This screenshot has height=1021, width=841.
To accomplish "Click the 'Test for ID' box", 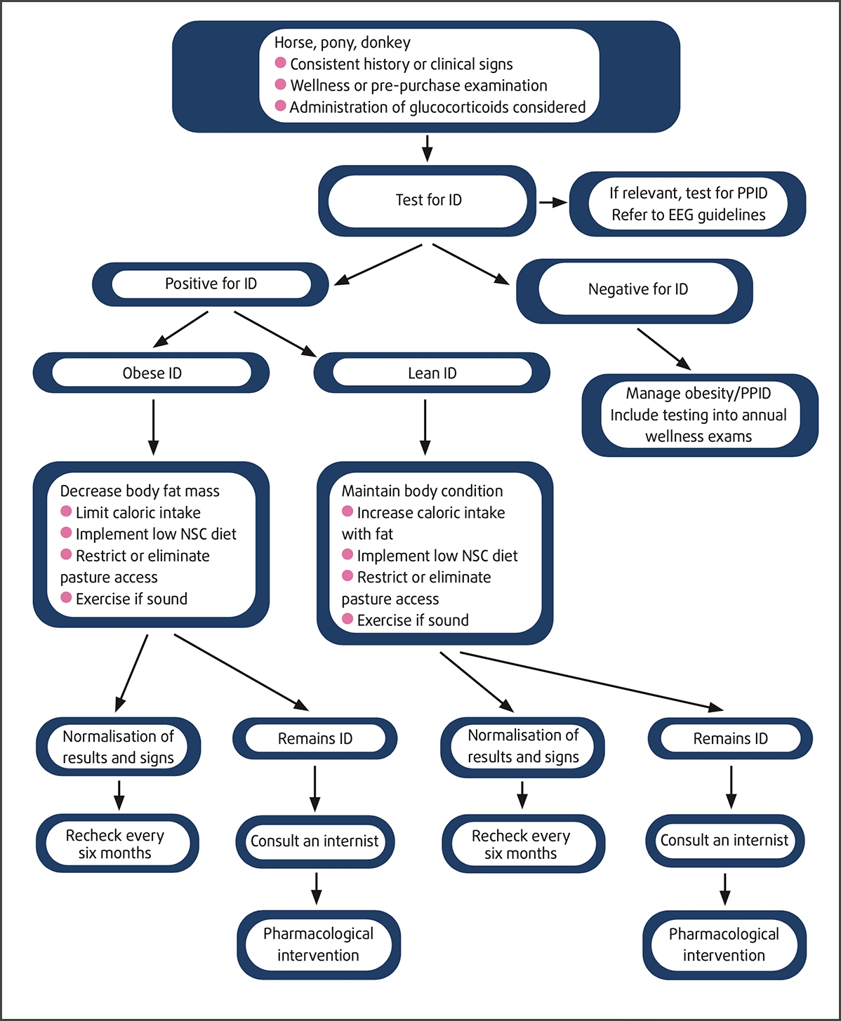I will click(x=428, y=201).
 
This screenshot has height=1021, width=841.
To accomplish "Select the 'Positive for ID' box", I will click(x=211, y=284).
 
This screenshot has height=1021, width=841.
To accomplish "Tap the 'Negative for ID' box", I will click(x=637, y=290).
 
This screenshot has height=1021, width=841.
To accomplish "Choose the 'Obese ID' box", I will click(x=152, y=373).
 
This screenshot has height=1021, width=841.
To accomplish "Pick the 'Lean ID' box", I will click(x=432, y=373).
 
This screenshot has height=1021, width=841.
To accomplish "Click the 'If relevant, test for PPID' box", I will click(x=687, y=204).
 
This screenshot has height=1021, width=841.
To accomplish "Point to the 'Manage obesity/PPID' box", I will click(x=698, y=415).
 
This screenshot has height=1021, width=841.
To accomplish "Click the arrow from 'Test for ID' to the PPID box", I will click(x=553, y=203).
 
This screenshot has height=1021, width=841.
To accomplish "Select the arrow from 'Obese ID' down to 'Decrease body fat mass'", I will click(x=153, y=427).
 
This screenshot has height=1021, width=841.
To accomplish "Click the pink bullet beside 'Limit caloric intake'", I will click(x=66, y=512).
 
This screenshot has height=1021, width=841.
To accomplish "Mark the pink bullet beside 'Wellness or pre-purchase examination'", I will click(x=280, y=84).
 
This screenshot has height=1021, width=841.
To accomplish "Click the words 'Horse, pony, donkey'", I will click(x=343, y=43).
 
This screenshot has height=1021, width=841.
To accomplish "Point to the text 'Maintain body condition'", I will click(x=422, y=491).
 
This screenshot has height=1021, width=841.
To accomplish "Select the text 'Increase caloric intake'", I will click(x=430, y=513).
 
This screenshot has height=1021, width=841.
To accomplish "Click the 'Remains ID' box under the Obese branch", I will click(x=314, y=739).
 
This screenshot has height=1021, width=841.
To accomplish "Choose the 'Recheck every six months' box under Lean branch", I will click(x=522, y=844).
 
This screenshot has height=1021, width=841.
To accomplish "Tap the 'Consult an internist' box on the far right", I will click(x=724, y=841).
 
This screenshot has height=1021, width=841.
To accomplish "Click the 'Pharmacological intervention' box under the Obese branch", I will click(x=318, y=945).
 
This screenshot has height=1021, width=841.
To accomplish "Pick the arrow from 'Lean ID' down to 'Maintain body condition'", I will click(x=425, y=427).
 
